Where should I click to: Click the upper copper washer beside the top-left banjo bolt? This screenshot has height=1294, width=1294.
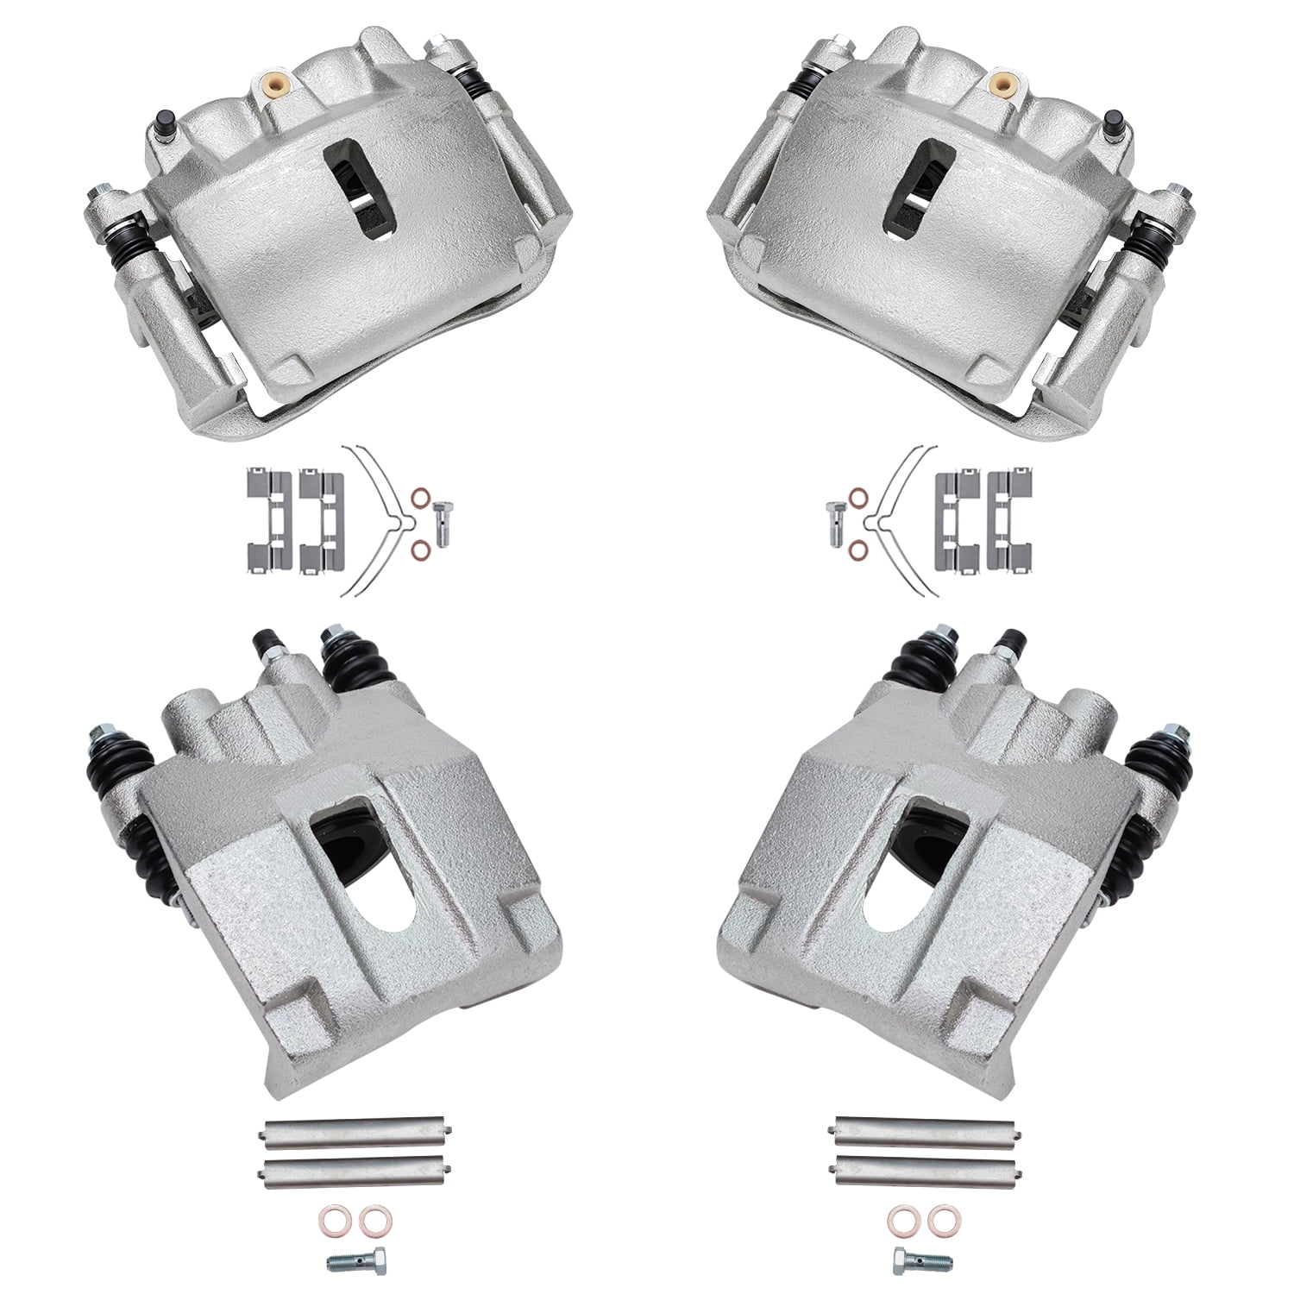tap(420, 499)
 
